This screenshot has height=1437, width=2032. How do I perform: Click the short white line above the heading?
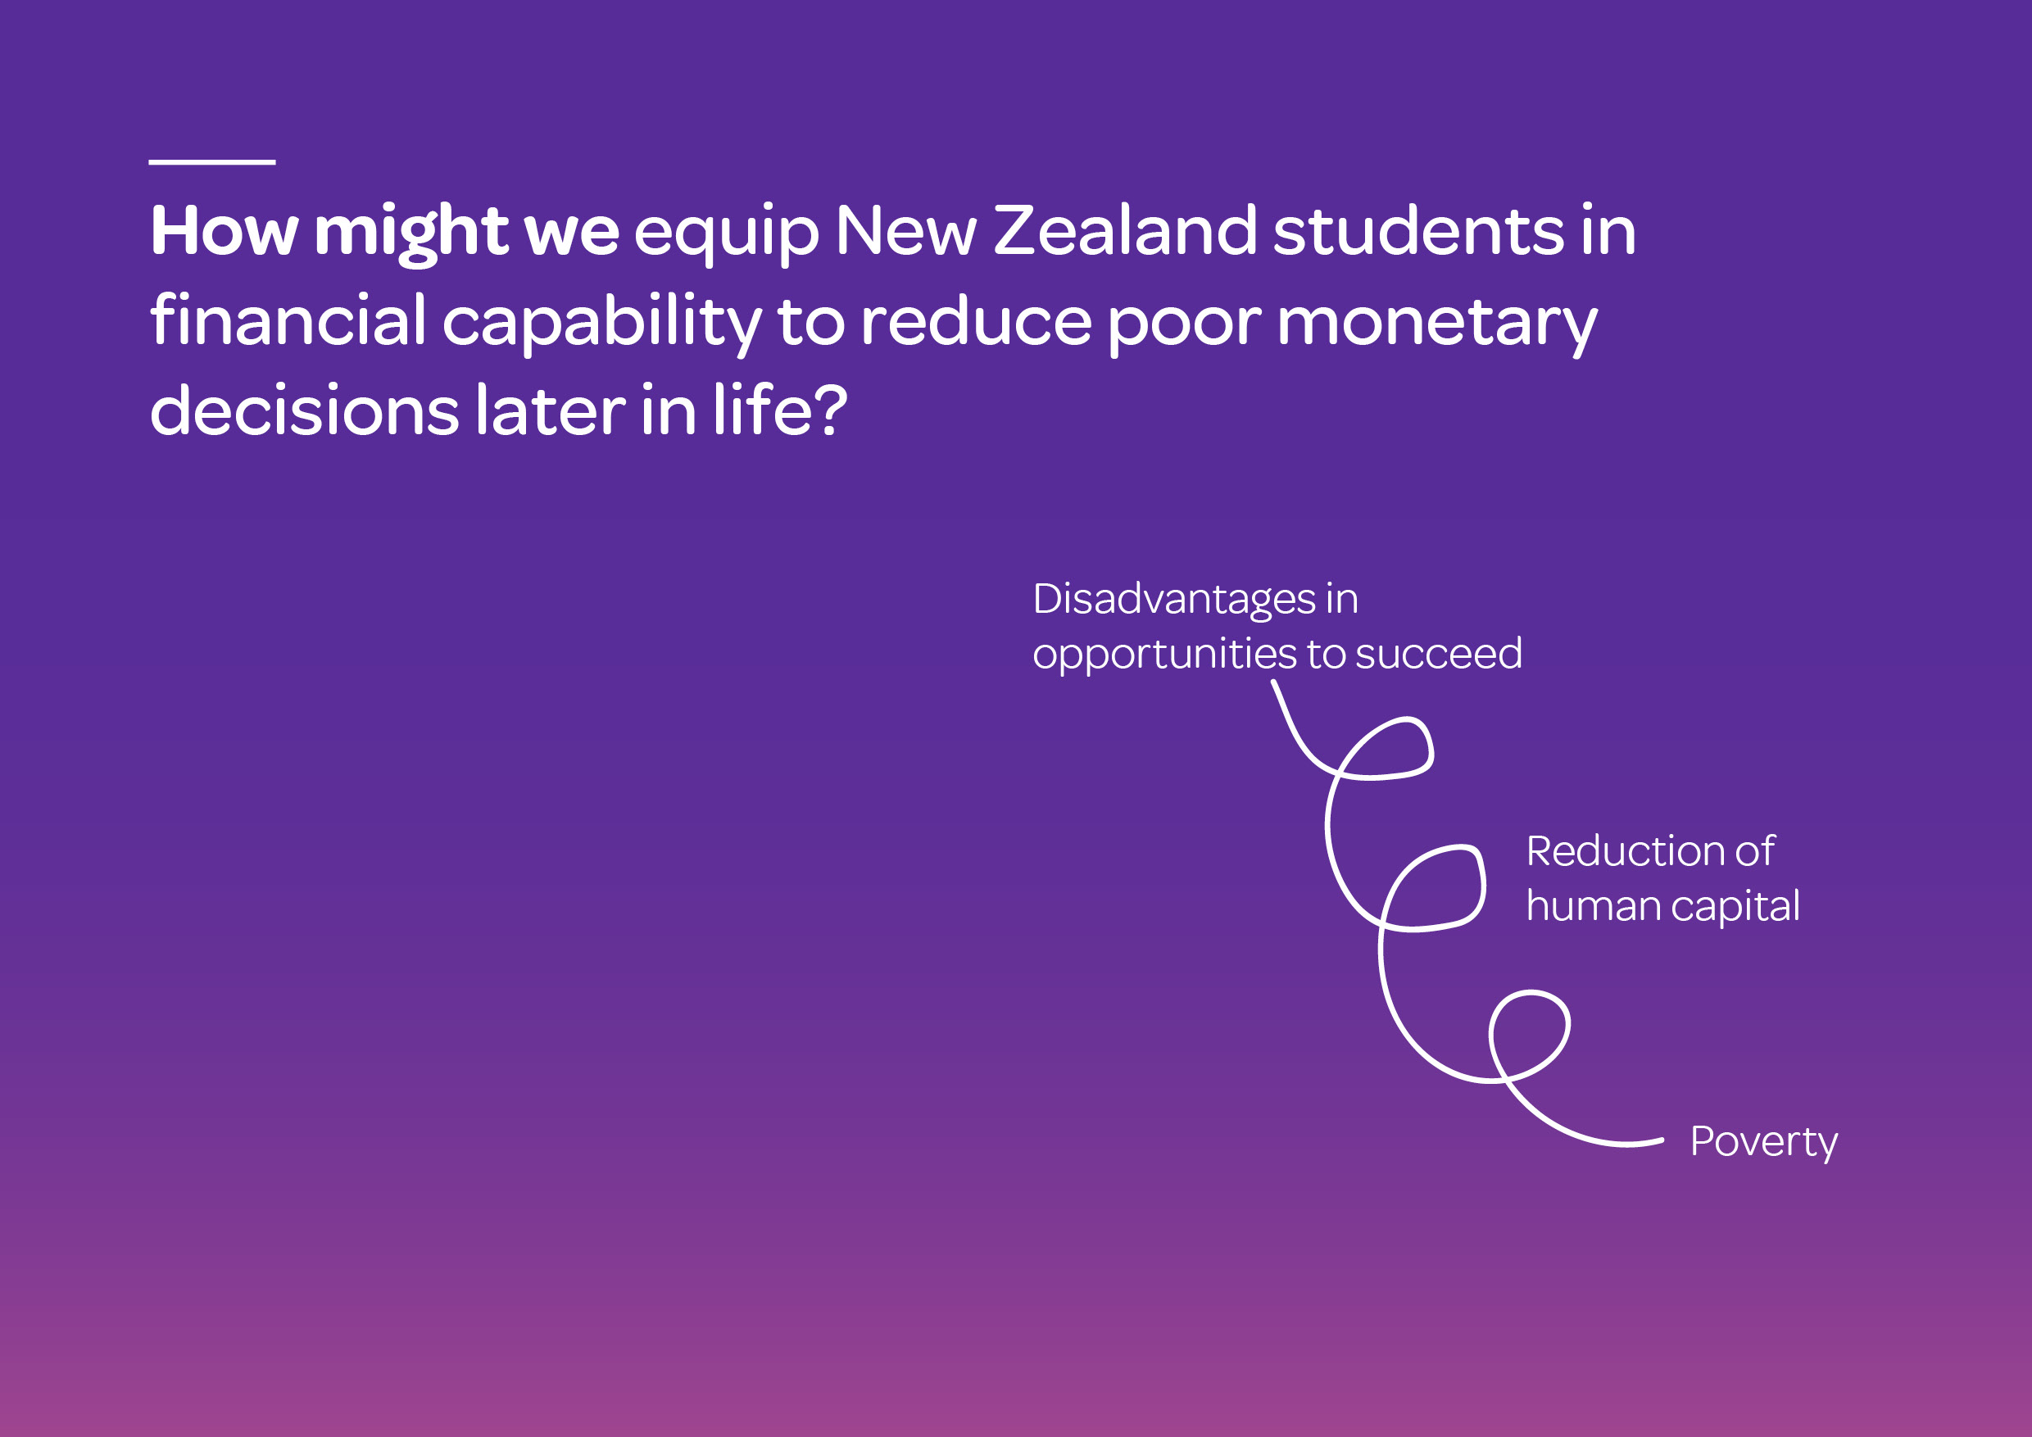pyautogui.click(x=211, y=162)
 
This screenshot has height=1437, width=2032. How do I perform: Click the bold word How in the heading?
pyautogui.click(x=224, y=231)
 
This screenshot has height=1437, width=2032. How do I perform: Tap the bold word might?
pyautogui.click(x=411, y=234)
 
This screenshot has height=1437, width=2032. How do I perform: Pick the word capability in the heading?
pyautogui.click(x=601, y=324)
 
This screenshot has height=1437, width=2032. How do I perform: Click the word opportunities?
pyautogui.click(x=1164, y=656)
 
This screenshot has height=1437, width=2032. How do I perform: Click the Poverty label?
pyautogui.click(x=1763, y=1142)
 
